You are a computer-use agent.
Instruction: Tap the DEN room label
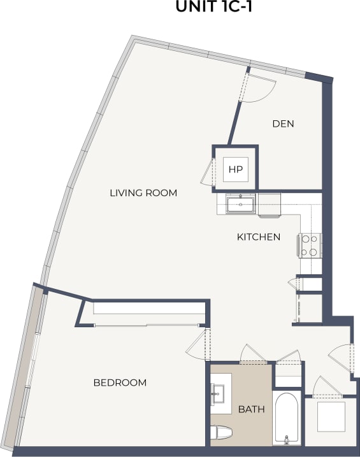coord(283,123)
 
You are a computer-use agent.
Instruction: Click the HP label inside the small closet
coord(236,169)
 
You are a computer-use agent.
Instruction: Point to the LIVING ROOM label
coord(143,193)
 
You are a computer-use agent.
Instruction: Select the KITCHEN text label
coord(259,237)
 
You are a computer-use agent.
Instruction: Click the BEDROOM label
coord(120,383)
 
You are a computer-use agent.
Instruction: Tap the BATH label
coord(250,409)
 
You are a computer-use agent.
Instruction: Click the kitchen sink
coord(240,204)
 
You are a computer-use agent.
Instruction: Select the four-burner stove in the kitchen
coord(310,246)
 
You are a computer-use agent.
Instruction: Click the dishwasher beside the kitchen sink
coord(269,204)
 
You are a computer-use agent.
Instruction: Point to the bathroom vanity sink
coord(219,394)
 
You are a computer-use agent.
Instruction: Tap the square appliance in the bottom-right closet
coord(330,416)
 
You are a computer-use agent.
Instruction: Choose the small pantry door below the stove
coord(295,283)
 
